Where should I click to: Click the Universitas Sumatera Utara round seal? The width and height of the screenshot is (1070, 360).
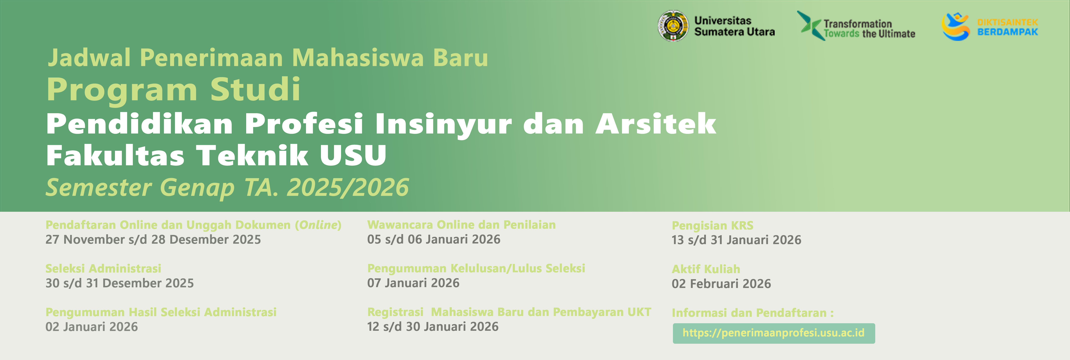coord(673,26)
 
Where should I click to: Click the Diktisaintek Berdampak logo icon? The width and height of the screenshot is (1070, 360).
coord(955,26)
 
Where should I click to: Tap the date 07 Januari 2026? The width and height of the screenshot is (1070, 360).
coord(413,283)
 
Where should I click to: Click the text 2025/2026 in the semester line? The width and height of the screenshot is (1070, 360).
coord(348,187)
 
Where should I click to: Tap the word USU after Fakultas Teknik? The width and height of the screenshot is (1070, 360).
coord(353,155)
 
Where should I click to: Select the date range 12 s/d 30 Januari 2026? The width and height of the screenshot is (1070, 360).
coord(433,326)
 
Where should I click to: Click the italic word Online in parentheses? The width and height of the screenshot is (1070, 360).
coord(318,225)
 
